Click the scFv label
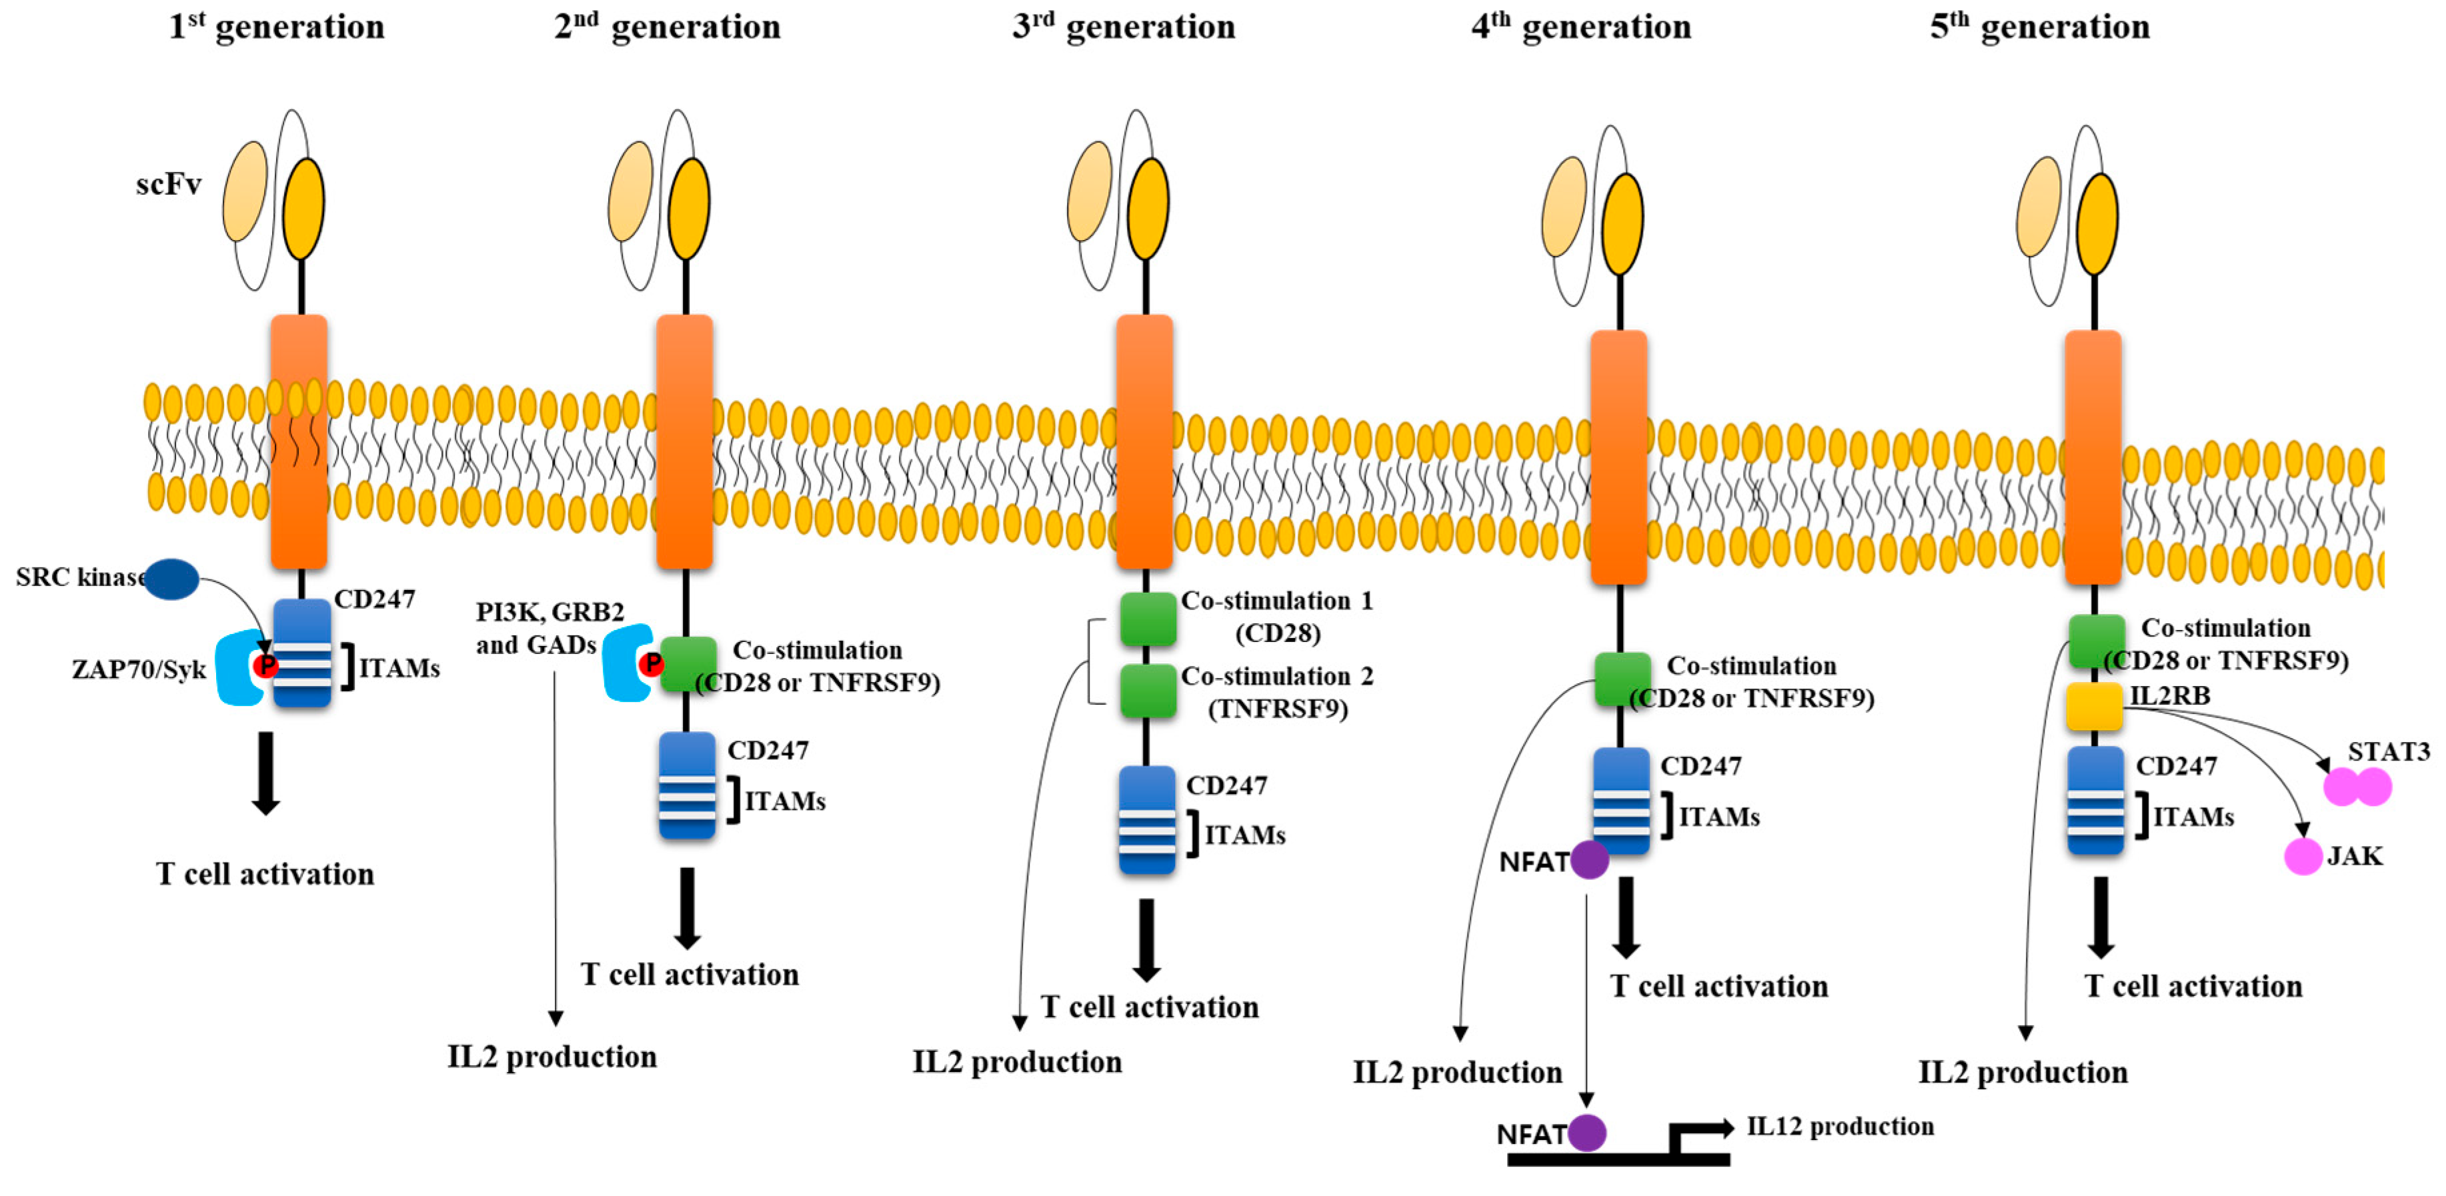tap(168, 183)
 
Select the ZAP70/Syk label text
tap(139, 669)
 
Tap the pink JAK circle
tap(2303, 856)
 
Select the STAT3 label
tap(2388, 752)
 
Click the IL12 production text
tap(1841, 1127)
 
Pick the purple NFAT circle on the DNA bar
tap(1586, 1133)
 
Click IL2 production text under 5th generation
tap(2023, 1073)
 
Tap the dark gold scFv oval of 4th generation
tap(1622, 224)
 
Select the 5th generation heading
tap(2040, 27)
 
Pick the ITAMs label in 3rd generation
tap(1244, 835)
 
